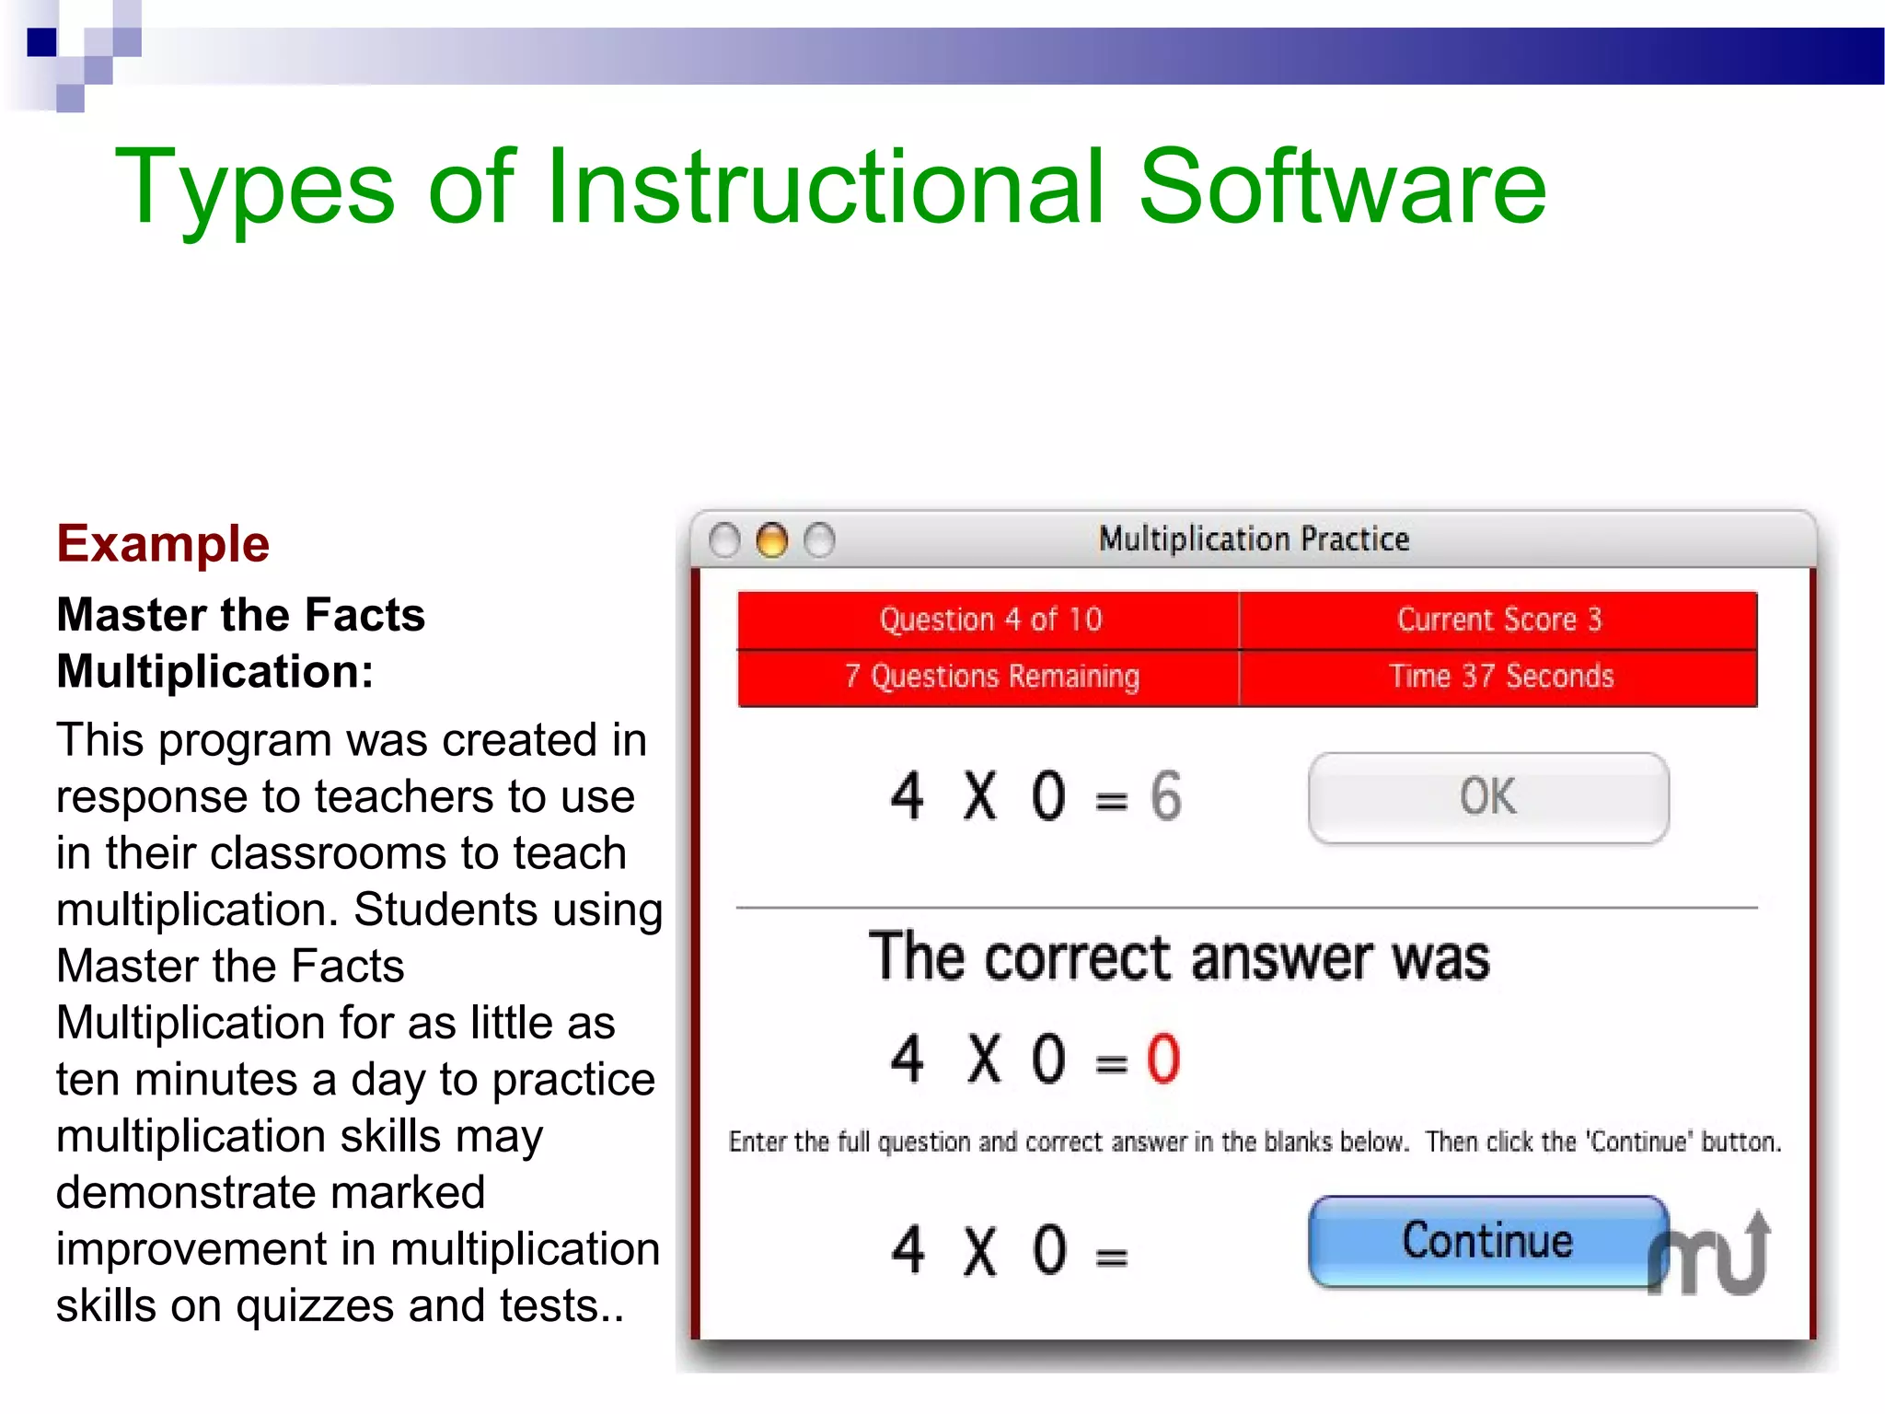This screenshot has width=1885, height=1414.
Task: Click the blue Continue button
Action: pyautogui.click(x=1486, y=1240)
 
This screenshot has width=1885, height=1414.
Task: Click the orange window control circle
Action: pyautogui.click(x=771, y=540)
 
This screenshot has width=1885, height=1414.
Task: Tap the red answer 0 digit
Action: pyautogui.click(x=1162, y=1059)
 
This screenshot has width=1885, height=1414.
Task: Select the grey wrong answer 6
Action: pyautogui.click(x=1165, y=796)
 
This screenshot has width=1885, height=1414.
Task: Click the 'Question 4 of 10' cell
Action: pyautogui.click(x=989, y=620)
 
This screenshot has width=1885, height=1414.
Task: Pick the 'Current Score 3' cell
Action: pyautogui.click(x=1498, y=620)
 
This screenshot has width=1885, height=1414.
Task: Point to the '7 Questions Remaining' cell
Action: pyautogui.click(x=990, y=677)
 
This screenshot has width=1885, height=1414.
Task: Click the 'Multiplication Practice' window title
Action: pyautogui.click(x=1253, y=539)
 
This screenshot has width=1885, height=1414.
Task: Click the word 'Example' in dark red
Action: pyautogui.click(x=163, y=543)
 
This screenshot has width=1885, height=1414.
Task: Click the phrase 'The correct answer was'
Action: pyautogui.click(x=1178, y=957)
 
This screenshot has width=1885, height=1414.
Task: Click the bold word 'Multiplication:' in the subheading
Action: pyautogui.click(x=214, y=671)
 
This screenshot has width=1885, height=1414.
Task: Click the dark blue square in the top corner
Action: pyautogui.click(x=41, y=42)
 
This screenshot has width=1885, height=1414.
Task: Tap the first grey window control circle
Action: pyautogui.click(x=724, y=540)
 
